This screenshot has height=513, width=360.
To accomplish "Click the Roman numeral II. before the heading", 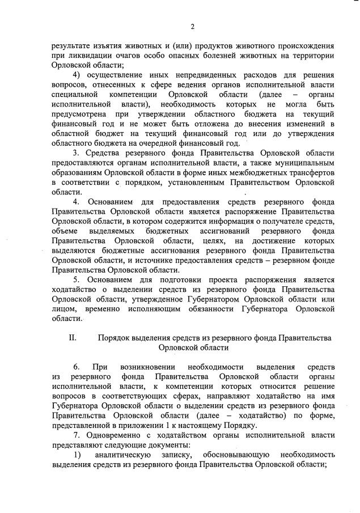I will click(x=73, y=338).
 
